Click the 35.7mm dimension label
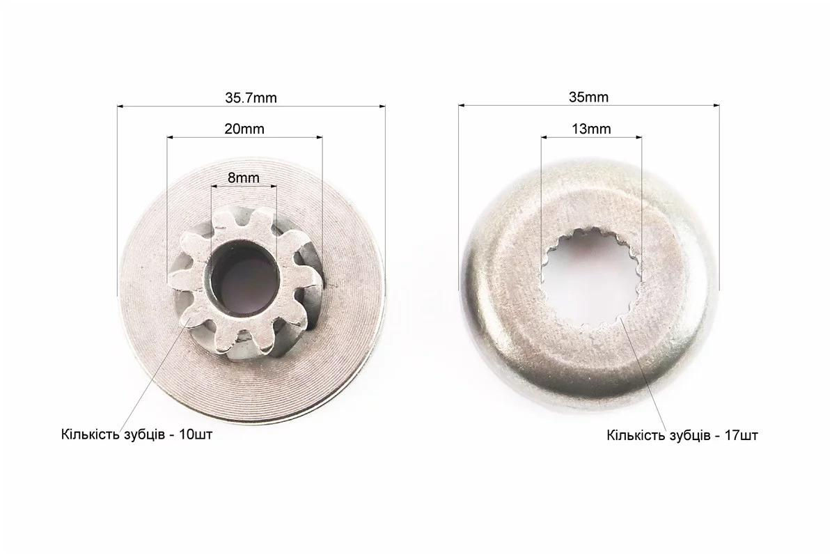coord(251,97)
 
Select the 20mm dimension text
coord(244,129)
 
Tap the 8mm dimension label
coord(244,178)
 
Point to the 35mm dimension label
coord(588,97)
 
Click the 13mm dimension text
coord(591,129)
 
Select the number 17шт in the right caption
coord(741,436)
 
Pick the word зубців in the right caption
coord(690,436)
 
